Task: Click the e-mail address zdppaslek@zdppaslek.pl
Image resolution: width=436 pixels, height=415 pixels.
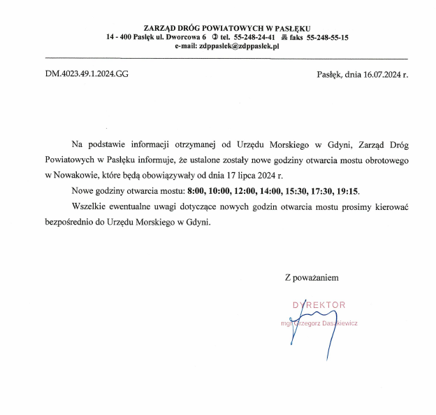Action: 239,47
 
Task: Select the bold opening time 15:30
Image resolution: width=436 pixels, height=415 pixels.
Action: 296,191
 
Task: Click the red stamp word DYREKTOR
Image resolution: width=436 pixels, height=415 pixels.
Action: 319,305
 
